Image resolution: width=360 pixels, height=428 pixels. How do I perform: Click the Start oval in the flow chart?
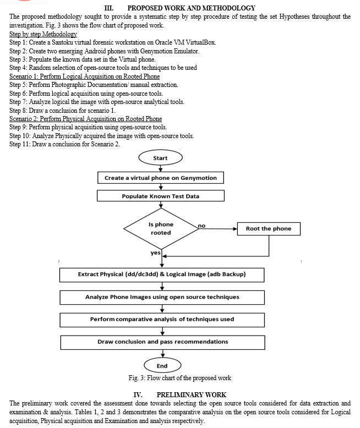160,158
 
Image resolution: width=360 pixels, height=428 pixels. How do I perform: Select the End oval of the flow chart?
162,365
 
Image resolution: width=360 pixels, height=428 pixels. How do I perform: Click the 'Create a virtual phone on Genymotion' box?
161,178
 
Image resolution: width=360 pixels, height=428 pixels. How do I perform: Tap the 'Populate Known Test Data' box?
161,196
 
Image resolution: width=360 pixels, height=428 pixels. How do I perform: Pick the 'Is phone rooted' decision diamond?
161,228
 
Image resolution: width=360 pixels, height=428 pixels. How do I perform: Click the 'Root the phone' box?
269,229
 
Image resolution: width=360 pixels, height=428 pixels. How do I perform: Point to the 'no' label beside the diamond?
201,226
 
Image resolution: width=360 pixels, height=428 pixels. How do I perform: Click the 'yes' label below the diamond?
155,253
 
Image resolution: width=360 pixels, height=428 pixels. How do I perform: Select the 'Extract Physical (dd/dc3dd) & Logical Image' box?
162,275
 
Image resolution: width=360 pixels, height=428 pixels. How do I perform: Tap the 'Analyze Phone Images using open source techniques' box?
162,297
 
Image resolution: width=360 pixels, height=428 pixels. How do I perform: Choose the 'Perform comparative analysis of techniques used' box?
162,320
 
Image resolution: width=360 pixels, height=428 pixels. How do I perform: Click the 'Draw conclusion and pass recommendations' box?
162,342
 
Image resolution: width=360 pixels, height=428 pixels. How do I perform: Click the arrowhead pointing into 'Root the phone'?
235,229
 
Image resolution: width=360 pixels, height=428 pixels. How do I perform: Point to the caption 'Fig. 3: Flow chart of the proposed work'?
180,378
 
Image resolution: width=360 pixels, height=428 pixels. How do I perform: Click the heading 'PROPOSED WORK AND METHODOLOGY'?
191,8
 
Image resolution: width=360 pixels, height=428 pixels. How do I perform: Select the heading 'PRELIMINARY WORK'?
192,394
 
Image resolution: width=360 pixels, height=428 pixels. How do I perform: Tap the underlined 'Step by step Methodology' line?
43,34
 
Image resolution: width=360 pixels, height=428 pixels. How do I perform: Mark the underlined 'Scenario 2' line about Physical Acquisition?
85,119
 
